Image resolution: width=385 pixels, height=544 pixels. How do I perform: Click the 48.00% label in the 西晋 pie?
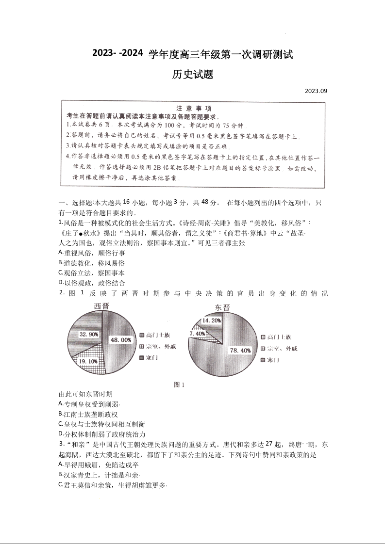tap(121, 340)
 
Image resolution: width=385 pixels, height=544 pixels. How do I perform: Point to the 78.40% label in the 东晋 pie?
tap(240, 350)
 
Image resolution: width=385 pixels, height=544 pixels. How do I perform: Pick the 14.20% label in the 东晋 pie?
tap(212, 320)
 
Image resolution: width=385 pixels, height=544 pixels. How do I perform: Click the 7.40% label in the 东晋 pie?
tap(198, 334)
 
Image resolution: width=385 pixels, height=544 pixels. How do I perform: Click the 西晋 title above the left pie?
tap(101, 305)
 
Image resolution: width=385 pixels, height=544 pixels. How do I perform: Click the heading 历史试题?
tap(193, 75)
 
